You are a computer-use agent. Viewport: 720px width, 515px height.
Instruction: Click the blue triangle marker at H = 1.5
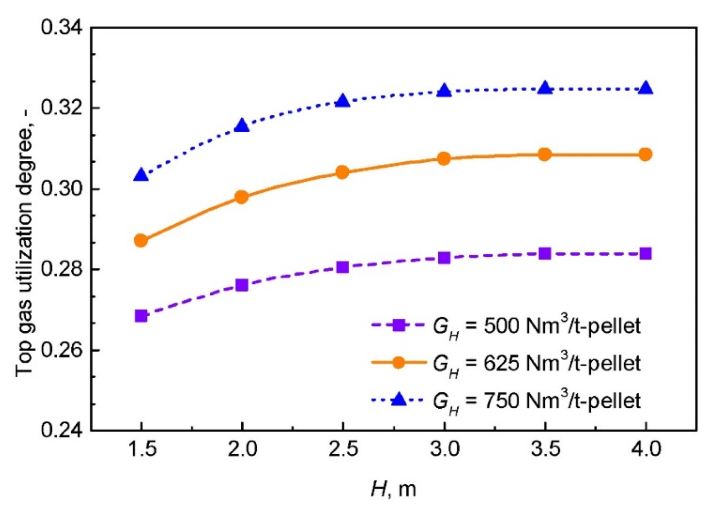[x=141, y=175]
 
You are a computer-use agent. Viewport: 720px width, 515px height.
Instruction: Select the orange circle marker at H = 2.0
[x=242, y=197]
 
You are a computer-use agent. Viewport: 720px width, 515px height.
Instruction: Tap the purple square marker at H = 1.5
[x=141, y=316]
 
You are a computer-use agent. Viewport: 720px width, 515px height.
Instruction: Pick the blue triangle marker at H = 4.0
[x=646, y=88]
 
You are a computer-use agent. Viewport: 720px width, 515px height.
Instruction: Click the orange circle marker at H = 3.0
[x=444, y=159]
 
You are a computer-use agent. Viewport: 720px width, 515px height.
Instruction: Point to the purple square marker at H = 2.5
[x=343, y=267]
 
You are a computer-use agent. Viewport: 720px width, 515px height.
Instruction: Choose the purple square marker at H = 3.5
[x=545, y=253]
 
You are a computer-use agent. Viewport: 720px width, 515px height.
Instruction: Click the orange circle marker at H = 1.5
[x=141, y=240]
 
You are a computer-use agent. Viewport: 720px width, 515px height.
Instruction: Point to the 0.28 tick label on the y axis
[x=62, y=270]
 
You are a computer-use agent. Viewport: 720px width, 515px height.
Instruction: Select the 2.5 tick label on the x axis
[x=343, y=449]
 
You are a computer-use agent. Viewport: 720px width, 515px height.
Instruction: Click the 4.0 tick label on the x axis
[x=646, y=449]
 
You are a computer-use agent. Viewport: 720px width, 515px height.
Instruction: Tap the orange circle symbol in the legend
[x=399, y=362]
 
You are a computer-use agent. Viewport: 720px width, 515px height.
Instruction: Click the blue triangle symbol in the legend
[x=399, y=400]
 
